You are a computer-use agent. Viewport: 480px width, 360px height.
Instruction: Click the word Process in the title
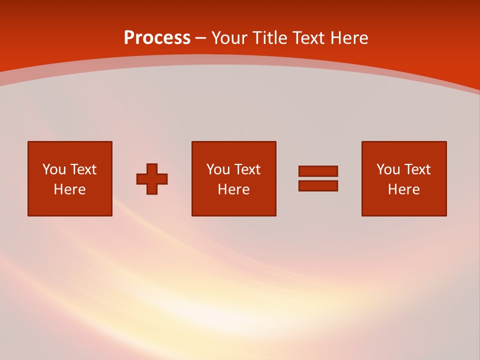pos(157,38)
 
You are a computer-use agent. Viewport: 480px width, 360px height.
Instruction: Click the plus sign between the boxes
pos(152,179)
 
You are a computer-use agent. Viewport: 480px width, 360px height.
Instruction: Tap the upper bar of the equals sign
pos(318,171)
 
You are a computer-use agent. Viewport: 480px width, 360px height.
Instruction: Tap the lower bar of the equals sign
pos(318,186)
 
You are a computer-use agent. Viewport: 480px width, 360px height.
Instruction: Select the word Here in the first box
pos(69,189)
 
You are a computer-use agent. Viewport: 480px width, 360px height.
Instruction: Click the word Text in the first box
pos(83,169)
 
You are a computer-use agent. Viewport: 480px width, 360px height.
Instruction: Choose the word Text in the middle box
pos(247,169)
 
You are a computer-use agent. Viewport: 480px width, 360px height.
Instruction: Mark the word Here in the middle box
pos(233,189)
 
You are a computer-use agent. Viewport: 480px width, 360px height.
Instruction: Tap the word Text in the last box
pos(417,169)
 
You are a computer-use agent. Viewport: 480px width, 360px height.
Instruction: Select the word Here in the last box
pos(403,189)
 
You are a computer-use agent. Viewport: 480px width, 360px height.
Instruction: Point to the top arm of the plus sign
pos(152,168)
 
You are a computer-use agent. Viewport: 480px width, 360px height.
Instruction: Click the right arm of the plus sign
pos(162,179)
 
